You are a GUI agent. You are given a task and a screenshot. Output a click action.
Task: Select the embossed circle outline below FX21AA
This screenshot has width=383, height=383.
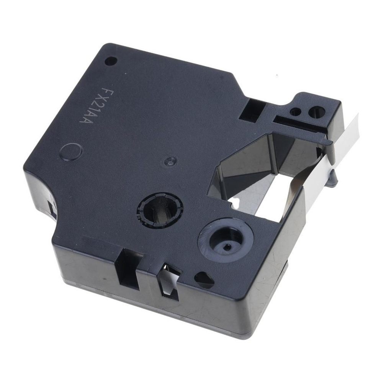tap(71, 152)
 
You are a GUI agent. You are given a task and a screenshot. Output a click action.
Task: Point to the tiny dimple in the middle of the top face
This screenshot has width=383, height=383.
tap(170, 161)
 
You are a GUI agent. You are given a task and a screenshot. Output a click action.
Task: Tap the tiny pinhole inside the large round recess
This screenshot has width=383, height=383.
tap(228, 247)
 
